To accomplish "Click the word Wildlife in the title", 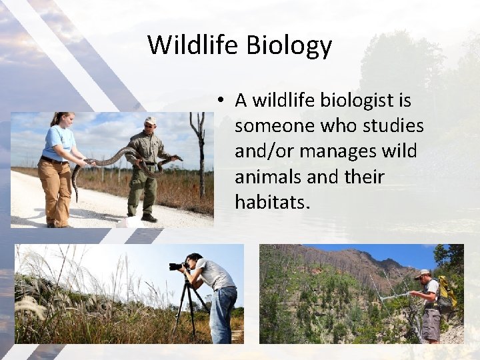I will pyautogui.click(x=193, y=45).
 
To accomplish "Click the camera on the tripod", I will pyautogui.click(x=178, y=266).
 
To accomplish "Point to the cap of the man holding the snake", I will pyautogui.click(x=151, y=121).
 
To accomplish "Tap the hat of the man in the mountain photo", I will pyautogui.click(x=422, y=273).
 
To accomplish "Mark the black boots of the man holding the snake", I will pyautogui.click(x=149, y=217).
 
